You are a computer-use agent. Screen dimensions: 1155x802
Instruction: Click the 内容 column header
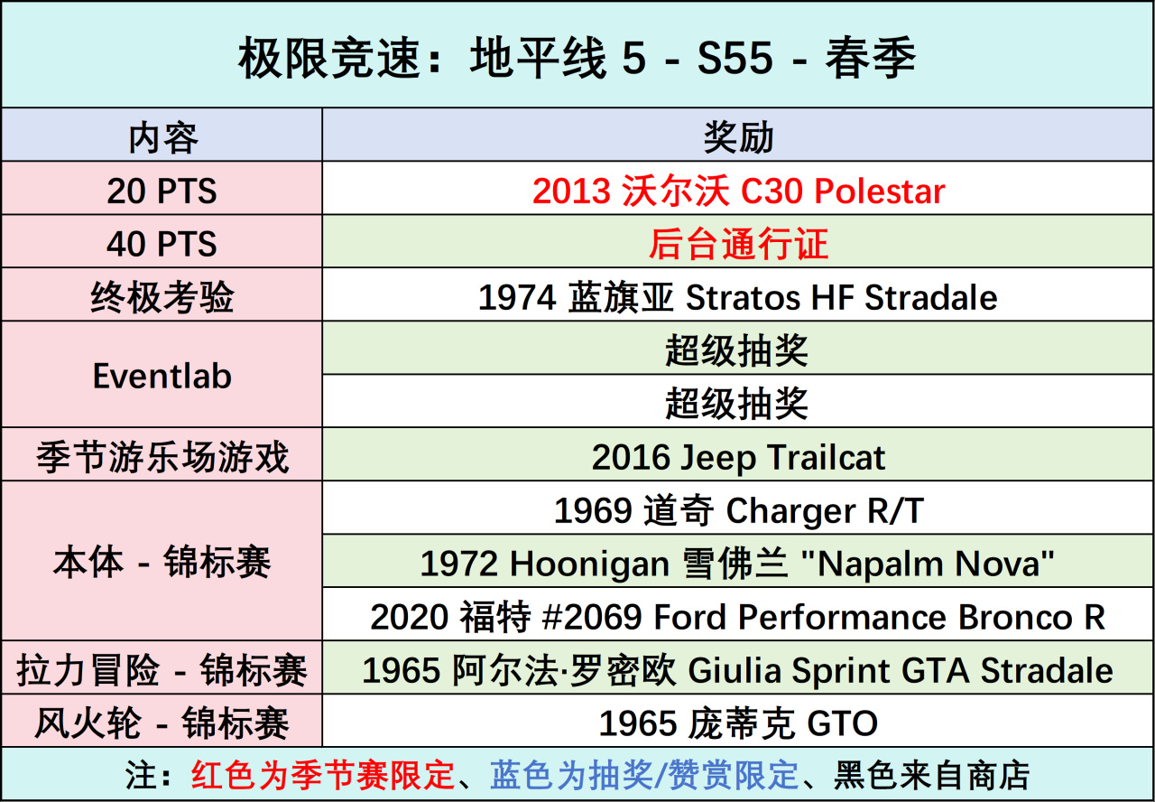pos(163,138)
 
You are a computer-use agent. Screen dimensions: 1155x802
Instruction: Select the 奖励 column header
pos(738,137)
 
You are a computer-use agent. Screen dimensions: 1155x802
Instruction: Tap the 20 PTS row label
pos(162,191)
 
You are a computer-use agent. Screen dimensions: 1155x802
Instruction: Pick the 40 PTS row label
pos(162,244)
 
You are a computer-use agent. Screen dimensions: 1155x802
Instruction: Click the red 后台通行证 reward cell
pos(738,244)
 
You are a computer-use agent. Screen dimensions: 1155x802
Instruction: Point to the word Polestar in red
pos(879,191)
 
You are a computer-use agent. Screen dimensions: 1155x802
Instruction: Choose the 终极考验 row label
pos(162,297)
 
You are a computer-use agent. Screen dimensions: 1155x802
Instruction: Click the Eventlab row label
pos(162,376)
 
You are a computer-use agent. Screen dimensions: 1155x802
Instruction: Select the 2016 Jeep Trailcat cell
pos(738,457)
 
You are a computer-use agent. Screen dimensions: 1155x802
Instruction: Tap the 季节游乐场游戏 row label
pos(162,457)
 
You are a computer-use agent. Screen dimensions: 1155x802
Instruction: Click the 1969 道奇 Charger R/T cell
pos(738,511)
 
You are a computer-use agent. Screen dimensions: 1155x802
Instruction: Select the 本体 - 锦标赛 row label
pos(162,562)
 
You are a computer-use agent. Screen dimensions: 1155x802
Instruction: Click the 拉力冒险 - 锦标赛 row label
pos(162,670)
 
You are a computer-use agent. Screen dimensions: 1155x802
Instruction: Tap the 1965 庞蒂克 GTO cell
pos(738,723)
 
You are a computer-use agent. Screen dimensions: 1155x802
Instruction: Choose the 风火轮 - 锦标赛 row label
pos(162,723)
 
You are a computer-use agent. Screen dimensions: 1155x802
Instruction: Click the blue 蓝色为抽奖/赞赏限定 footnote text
pos(644,775)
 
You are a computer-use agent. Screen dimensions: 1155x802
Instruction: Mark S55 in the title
pos(735,57)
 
